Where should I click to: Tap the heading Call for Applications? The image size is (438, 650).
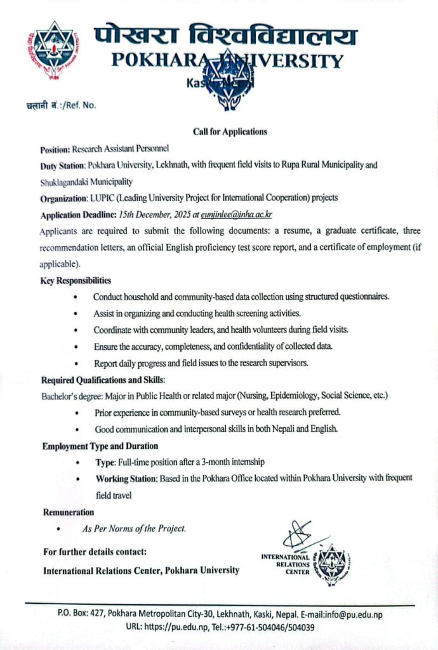click(230, 132)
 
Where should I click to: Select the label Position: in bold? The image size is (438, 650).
click(55, 149)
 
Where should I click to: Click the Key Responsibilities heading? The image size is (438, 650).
click(75, 280)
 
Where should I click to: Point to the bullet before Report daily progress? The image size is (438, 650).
click(77, 364)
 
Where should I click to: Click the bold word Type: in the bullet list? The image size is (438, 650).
click(105, 462)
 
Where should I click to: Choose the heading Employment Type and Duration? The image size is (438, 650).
click(100, 446)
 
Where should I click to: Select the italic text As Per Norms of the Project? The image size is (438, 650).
click(134, 528)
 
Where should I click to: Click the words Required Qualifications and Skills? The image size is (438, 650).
click(103, 380)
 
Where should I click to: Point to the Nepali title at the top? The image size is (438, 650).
click(225, 37)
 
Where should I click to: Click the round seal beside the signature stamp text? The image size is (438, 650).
click(332, 560)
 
